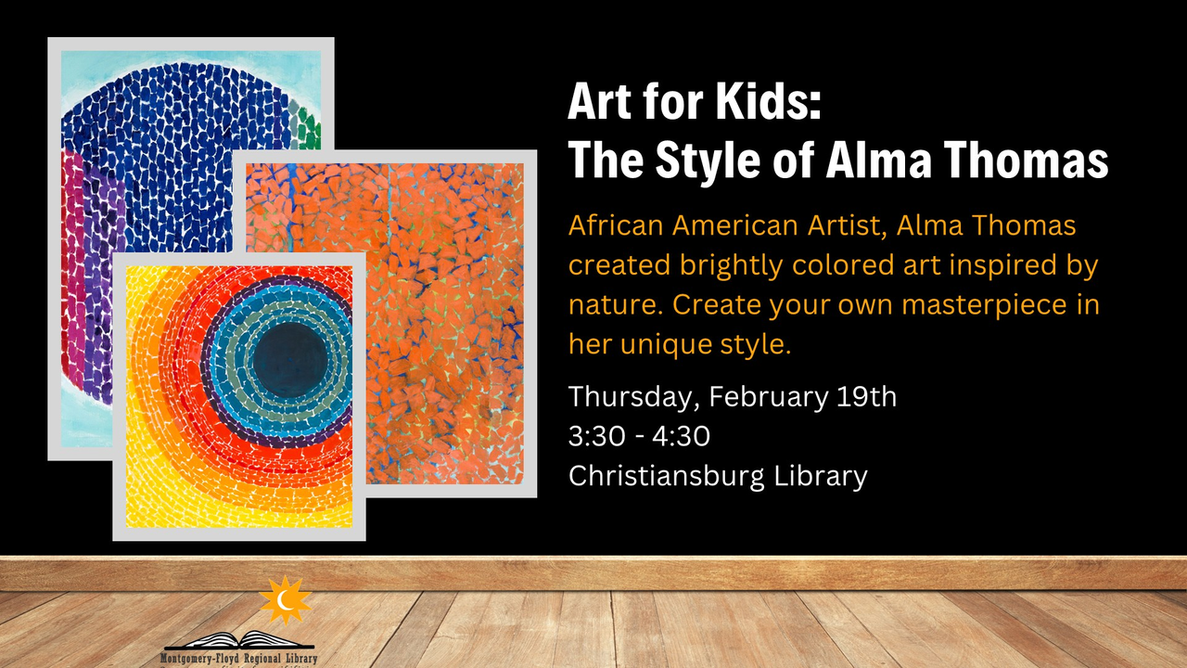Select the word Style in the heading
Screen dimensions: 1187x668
[708, 161]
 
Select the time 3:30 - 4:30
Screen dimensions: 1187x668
[639, 436]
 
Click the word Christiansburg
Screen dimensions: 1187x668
[666, 476]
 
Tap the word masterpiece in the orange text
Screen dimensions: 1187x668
[984, 305]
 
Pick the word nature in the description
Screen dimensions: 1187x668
[616, 306]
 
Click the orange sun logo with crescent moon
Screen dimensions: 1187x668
[285, 600]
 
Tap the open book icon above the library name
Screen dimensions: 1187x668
[239, 640]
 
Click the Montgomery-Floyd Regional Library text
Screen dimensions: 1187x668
[238, 659]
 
